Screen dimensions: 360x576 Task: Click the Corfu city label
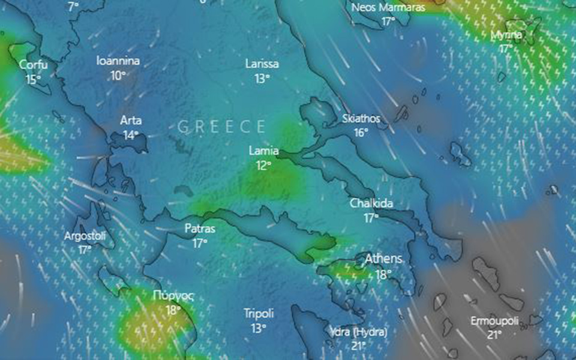click(x=33, y=64)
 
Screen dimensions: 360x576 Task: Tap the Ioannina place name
click(x=118, y=61)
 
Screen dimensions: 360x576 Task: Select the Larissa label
click(x=262, y=64)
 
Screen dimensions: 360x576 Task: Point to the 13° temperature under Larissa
click(x=262, y=78)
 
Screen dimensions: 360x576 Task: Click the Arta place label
click(x=131, y=120)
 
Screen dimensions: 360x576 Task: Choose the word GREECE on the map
click(x=221, y=127)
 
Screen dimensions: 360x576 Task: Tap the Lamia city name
click(x=264, y=151)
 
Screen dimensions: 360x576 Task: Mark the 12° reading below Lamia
click(x=264, y=165)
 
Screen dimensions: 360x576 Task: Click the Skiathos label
click(x=361, y=118)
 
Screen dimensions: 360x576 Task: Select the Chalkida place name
click(x=372, y=204)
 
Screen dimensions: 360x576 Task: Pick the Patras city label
click(x=200, y=229)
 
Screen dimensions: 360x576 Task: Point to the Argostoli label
click(x=85, y=236)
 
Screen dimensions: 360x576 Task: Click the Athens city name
click(x=383, y=260)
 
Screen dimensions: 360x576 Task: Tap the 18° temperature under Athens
click(x=383, y=274)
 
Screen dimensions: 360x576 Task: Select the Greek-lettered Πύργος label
click(x=173, y=296)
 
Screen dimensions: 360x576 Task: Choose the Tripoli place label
click(x=259, y=313)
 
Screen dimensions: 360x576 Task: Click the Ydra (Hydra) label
click(x=358, y=332)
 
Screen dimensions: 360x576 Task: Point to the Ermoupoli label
click(x=494, y=320)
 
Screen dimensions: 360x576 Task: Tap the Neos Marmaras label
click(x=388, y=7)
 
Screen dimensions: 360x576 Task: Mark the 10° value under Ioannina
click(x=118, y=75)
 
